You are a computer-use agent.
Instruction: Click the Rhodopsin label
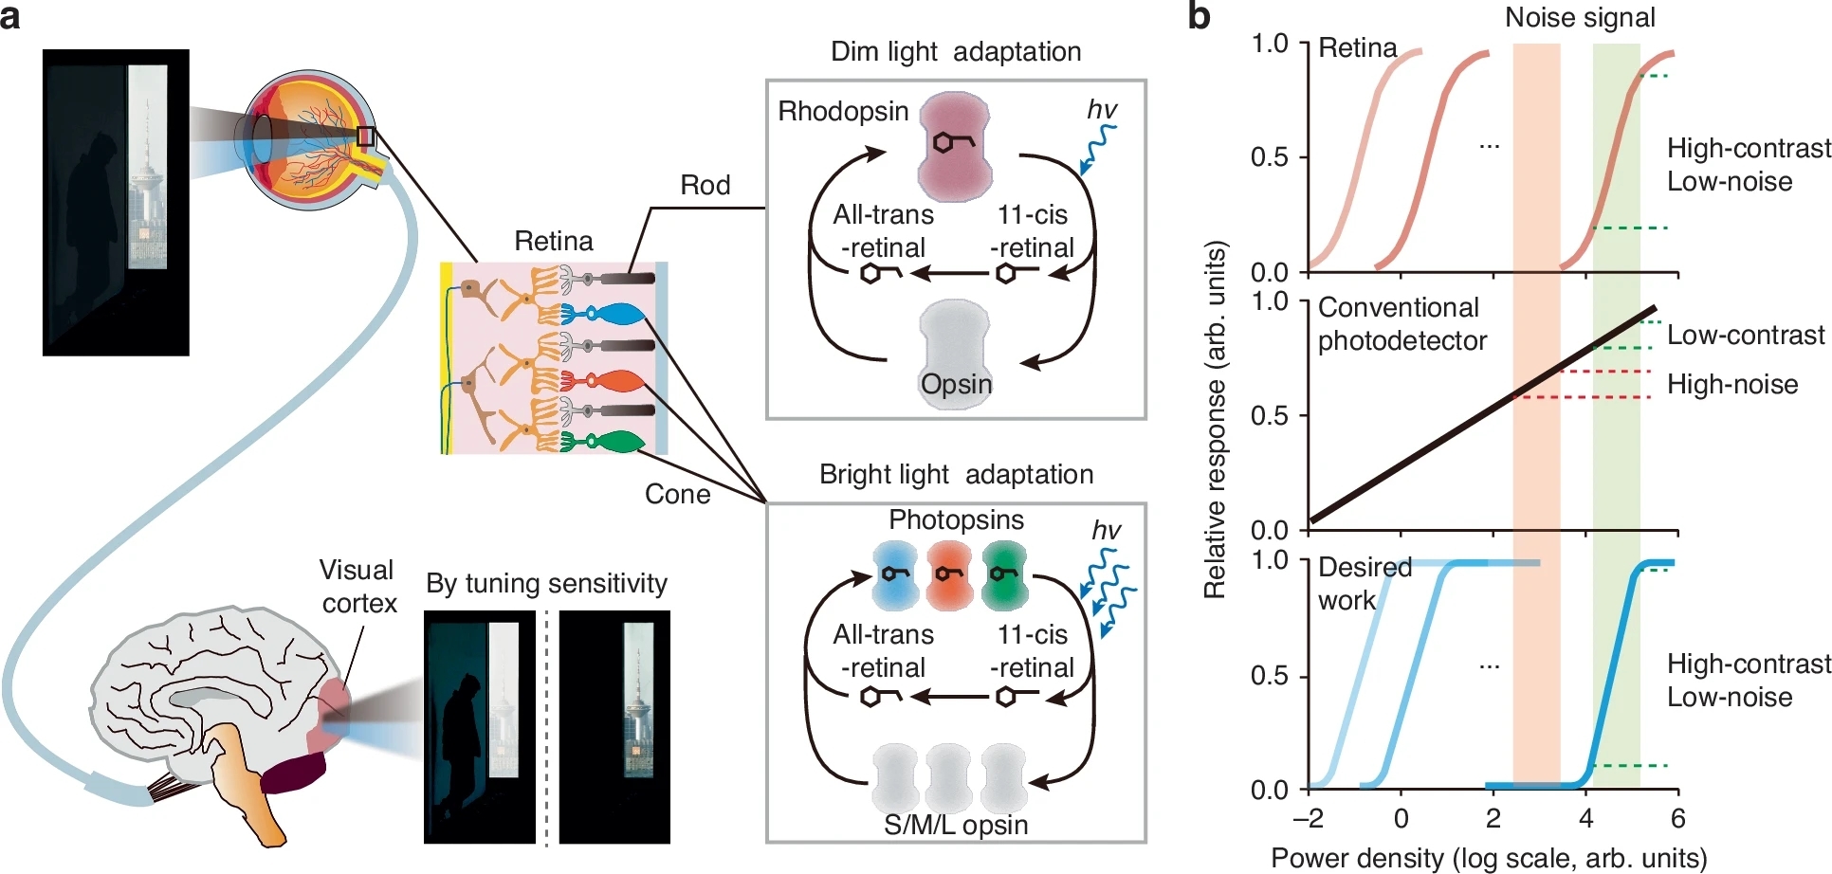click(x=843, y=112)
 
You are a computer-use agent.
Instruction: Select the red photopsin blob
click(x=948, y=575)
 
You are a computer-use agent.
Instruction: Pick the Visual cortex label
click(x=357, y=587)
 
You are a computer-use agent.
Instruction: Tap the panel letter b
click(x=1199, y=16)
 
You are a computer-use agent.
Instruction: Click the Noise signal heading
click(x=1580, y=17)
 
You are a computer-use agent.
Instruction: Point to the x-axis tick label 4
click(x=1585, y=818)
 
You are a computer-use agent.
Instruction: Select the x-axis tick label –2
click(x=1308, y=818)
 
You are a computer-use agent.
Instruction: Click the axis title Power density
click(x=1488, y=858)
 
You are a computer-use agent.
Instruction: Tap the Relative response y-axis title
click(x=1215, y=420)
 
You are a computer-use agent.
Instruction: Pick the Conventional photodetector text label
click(x=1401, y=324)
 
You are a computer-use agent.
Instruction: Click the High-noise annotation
click(x=1732, y=384)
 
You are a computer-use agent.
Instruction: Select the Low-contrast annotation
click(x=1745, y=335)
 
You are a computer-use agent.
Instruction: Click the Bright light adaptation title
click(x=956, y=474)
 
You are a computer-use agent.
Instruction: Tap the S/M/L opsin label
click(x=956, y=825)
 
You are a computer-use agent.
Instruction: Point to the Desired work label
click(x=1364, y=583)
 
